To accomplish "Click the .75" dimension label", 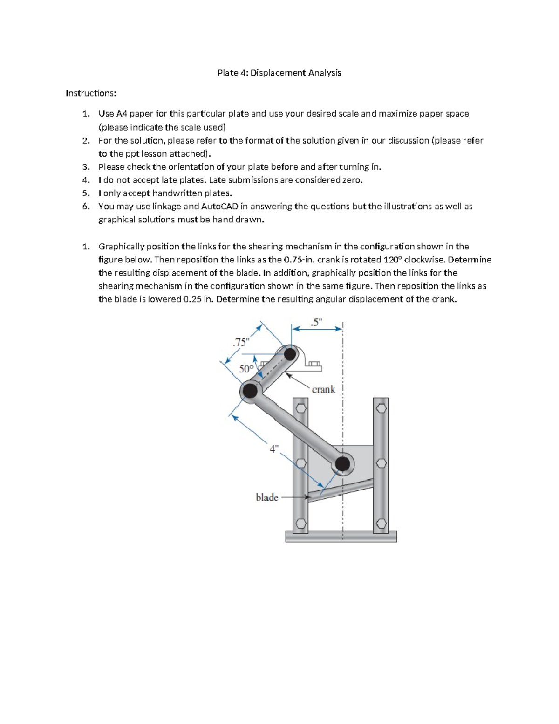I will coord(241,342).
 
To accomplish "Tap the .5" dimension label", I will coord(316,322).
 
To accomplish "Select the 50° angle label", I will coord(246,369).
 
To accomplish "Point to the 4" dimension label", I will coord(274,449).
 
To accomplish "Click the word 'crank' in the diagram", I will coord(323,389).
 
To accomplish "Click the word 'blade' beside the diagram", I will coord(267,497).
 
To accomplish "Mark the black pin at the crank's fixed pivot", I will coord(290,354).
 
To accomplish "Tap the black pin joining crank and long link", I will coord(250,391).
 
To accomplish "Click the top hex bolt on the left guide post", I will coord(300,408).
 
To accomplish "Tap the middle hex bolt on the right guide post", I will coord(381,463).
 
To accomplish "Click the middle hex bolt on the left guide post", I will coord(301,463).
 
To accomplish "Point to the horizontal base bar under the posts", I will coord(341,537).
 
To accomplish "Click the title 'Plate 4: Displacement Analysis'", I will coord(279,73).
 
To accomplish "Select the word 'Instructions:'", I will coord(91,93).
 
